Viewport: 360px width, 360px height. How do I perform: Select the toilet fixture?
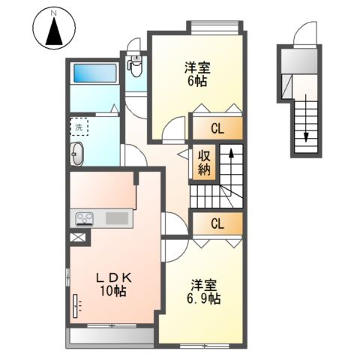tap(136, 66)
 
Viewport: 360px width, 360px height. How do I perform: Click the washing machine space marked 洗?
tap(79, 127)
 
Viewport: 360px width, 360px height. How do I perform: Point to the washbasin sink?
tap(78, 155)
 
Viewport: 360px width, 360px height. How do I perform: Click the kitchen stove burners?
tap(84, 218)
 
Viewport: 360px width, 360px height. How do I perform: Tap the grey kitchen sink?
tap(117, 218)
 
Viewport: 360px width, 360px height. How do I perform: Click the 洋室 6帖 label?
tap(198, 73)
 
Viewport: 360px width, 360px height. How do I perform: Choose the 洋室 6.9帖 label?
tap(204, 292)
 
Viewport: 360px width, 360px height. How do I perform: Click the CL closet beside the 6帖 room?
tap(217, 128)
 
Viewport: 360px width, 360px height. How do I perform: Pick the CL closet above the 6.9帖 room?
tap(217, 223)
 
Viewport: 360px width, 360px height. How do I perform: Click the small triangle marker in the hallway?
tap(182, 154)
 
